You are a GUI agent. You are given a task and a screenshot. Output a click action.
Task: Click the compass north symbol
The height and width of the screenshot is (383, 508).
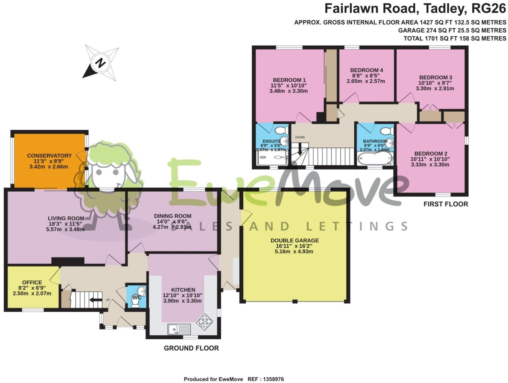(100, 63)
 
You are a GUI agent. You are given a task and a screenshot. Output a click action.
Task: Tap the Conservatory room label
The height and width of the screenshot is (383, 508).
(49, 156)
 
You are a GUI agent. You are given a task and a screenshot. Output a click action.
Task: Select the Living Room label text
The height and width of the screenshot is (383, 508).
(66, 218)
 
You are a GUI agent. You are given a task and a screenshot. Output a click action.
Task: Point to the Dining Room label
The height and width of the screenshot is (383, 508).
(172, 216)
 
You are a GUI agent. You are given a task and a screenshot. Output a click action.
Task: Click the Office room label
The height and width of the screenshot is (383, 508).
(32, 283)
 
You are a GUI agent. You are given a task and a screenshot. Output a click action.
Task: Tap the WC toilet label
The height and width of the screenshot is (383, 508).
(137, 297)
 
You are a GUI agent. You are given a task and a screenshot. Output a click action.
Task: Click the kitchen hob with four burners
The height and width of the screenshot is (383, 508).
(205, 321)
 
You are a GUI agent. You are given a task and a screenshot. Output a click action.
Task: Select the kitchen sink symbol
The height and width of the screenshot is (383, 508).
(179, 329)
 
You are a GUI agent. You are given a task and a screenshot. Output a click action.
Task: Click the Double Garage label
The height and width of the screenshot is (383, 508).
(295, 241)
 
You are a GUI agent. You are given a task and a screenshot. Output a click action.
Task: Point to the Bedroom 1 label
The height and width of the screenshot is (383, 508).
(289, 80)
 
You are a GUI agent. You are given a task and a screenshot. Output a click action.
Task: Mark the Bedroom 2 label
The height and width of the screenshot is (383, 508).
(431, 154)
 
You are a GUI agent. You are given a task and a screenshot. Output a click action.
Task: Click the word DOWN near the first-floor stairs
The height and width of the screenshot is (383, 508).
(300, 138)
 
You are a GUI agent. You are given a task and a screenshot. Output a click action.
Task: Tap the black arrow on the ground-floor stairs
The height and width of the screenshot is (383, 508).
(96, 300)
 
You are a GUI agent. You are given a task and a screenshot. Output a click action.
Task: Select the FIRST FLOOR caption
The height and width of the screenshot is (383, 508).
(446, 204)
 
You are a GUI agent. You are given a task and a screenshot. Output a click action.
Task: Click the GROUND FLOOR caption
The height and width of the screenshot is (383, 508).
(191, 348)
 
